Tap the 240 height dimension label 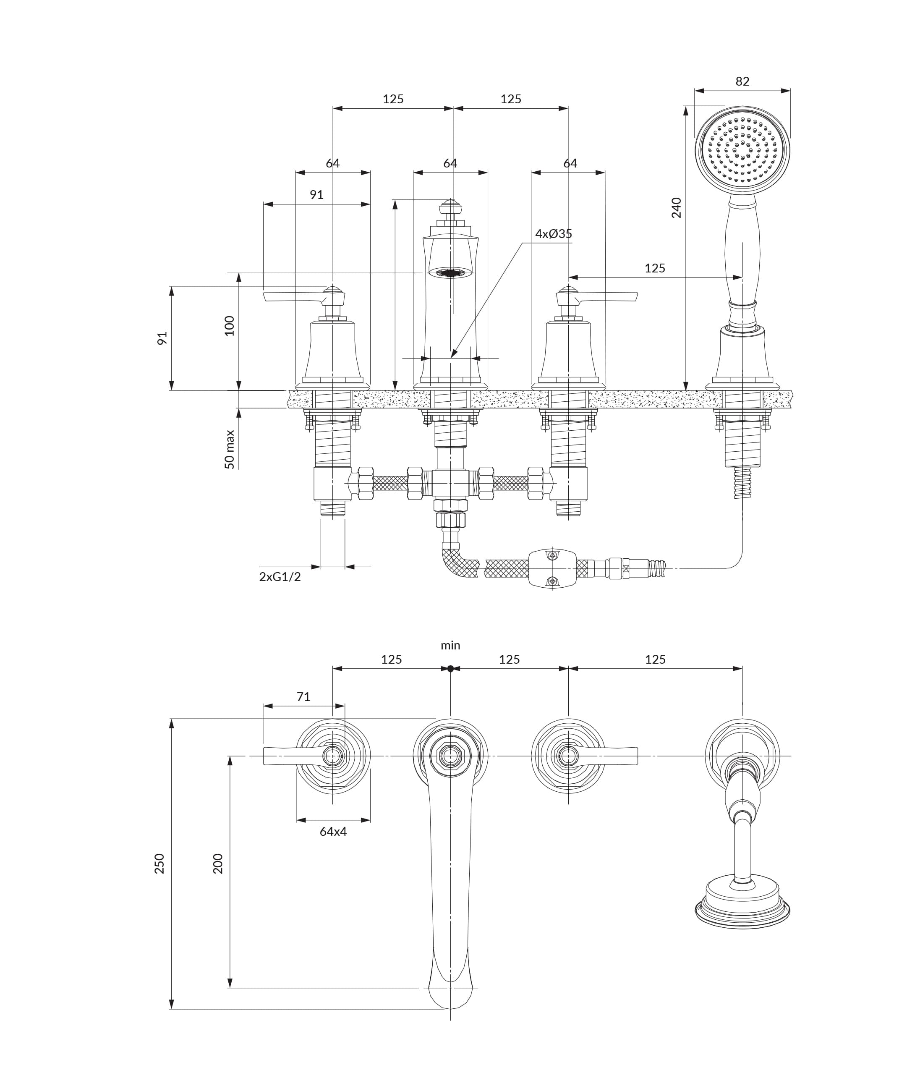click(677, 208)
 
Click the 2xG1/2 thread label click(280, 577)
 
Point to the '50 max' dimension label click(230, 450)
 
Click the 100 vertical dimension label click(229, 326)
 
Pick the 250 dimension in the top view click(159, 864)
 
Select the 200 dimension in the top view click(218, 864)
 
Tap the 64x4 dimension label click(333, 832)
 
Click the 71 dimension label click(303, 696)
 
